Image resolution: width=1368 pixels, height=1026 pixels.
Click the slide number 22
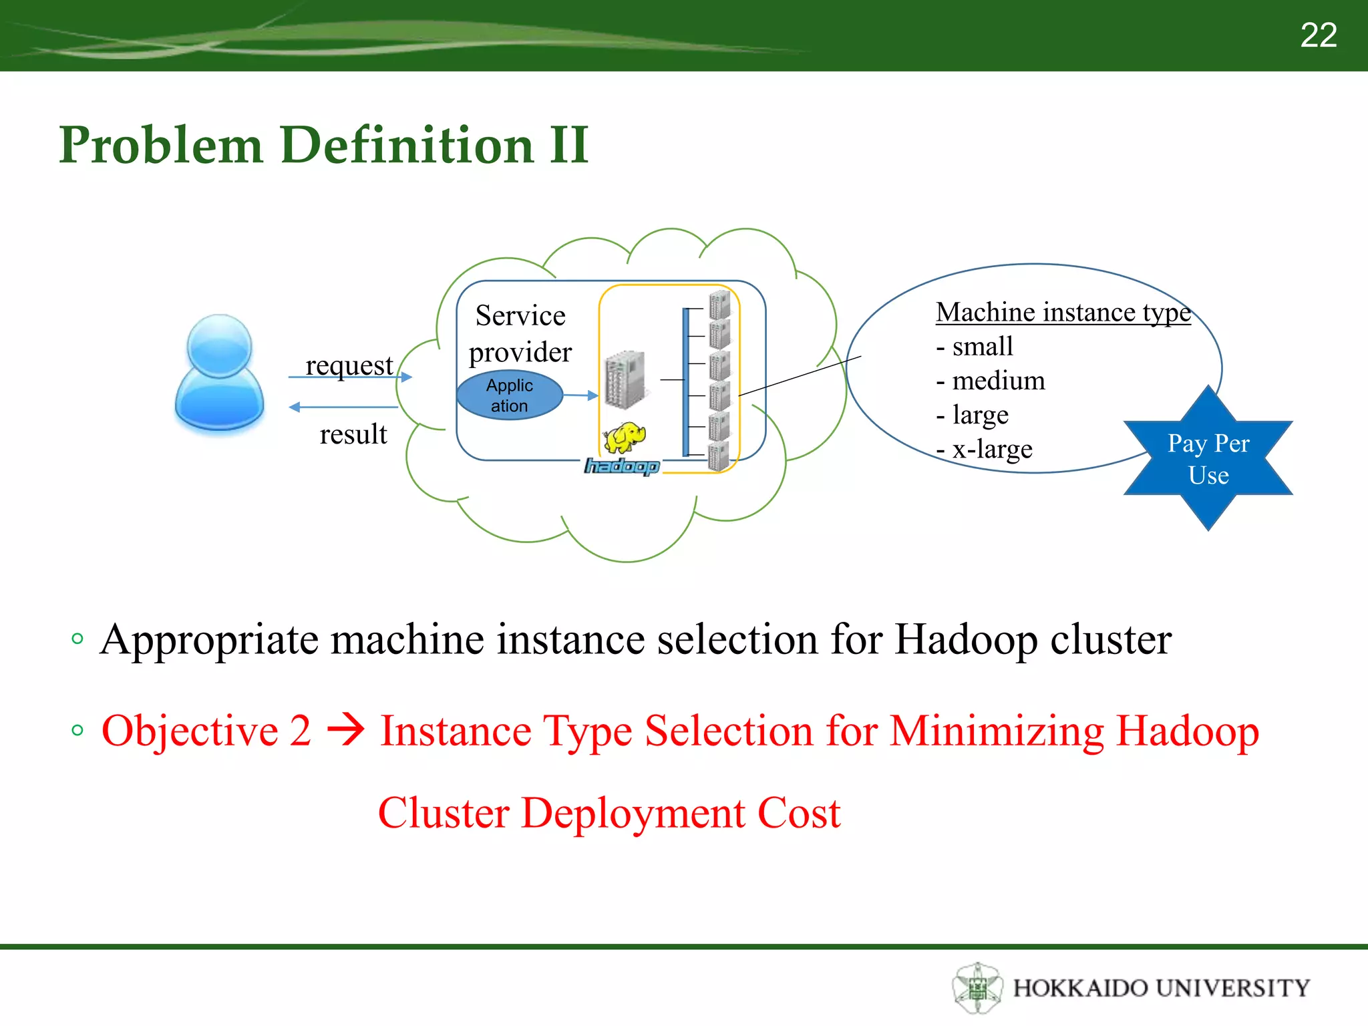[1318, 35]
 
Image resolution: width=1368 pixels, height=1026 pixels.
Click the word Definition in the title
[407, 145]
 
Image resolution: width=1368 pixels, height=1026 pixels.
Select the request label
[349, 365]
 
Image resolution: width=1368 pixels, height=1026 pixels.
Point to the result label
[353, 434]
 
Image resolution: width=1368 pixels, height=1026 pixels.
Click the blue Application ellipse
[510, 395]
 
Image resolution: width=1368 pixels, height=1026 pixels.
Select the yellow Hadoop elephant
[625, 438]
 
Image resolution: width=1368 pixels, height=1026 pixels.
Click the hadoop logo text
[622, 466]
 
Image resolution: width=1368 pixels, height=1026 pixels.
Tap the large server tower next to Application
[625, 379]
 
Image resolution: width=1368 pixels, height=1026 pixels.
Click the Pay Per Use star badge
[1208, 459]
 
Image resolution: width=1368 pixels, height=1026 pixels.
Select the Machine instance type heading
[1063, 312]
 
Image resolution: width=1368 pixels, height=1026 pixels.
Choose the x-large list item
[985, 449]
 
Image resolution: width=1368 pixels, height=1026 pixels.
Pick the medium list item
[991, 381]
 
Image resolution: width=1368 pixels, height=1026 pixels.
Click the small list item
[975, 347]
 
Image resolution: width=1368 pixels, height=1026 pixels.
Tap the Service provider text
[520, 333]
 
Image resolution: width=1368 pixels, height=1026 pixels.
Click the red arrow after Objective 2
[345, 730]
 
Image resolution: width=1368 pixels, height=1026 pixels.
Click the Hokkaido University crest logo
[977, 987]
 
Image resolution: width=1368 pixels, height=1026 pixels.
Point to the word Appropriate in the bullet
[210, 640]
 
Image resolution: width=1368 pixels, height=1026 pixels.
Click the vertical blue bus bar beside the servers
[685, 382]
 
